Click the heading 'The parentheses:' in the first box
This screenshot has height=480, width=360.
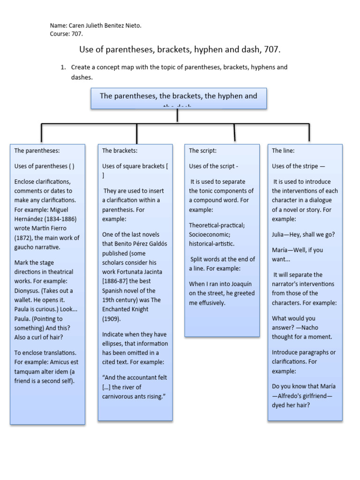pos(37,150)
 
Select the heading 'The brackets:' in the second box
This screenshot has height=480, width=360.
pos(120,150)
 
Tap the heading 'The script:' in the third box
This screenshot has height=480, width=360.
pos(202,150)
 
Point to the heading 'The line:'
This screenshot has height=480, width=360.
pos(283,150)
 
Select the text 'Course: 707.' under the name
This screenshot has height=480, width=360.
pos(66,34)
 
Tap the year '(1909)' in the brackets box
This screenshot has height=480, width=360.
pos(111,319)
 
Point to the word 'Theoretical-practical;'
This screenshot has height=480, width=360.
pos(217,225)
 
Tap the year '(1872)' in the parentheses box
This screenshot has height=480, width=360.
pos(24,238)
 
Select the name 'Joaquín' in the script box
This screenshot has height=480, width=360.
pos(243,284)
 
